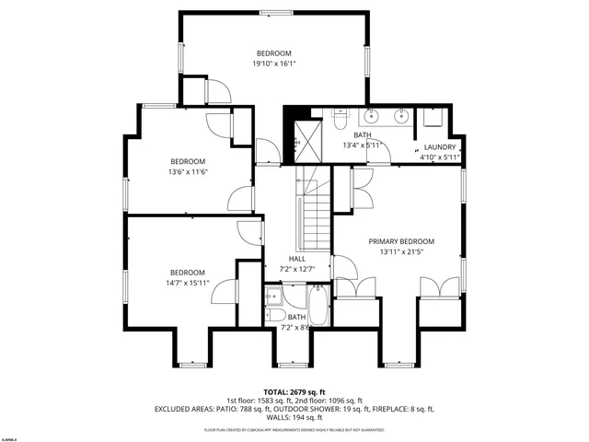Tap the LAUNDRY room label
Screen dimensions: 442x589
[439, 146]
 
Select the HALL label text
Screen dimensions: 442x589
[296, 259]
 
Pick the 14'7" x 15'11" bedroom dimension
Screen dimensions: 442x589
[187, 283]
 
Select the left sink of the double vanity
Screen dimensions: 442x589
[372, 117]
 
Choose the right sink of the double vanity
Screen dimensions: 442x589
[400, 117]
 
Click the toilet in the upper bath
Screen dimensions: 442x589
[340, 117]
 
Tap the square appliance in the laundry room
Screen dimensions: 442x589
[432, 120]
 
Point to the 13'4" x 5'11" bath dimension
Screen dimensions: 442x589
[361, 145]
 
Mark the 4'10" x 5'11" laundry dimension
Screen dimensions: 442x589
[439, 157]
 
